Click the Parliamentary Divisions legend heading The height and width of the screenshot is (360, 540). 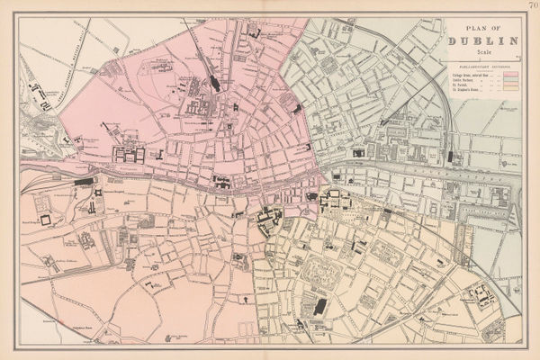(484, 67)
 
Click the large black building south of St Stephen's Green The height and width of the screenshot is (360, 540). (319, 307)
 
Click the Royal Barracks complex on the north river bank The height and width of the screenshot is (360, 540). (126, 154)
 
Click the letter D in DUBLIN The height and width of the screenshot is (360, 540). (455, 40)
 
